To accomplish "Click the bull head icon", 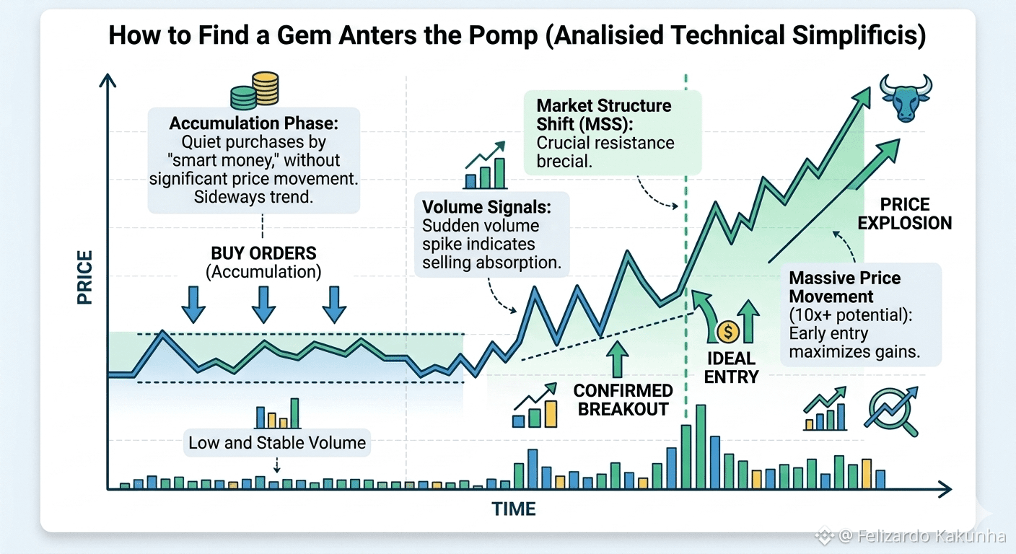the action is point(906,98).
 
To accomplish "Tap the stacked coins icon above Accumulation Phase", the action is point(255,91).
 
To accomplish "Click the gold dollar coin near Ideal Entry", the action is point(728,332).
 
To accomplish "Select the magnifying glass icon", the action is point(891,411).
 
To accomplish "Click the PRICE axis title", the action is point(85,277).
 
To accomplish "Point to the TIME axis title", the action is point(514,509).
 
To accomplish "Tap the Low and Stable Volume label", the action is point(277,442).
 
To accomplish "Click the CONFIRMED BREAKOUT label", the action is point(623,400).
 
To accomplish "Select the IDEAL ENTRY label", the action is point(731,368).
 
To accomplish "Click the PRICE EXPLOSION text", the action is point(905,214).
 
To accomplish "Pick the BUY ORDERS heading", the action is point(263,253).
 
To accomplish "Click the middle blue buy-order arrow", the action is point(263,304).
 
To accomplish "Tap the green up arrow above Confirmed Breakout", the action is point(617,359).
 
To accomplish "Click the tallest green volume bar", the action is point(701,447).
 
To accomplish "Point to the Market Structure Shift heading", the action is point(604,115).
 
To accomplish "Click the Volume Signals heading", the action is point(486,207).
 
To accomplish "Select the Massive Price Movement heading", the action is point(844,287).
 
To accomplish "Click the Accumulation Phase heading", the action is point(253,123).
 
